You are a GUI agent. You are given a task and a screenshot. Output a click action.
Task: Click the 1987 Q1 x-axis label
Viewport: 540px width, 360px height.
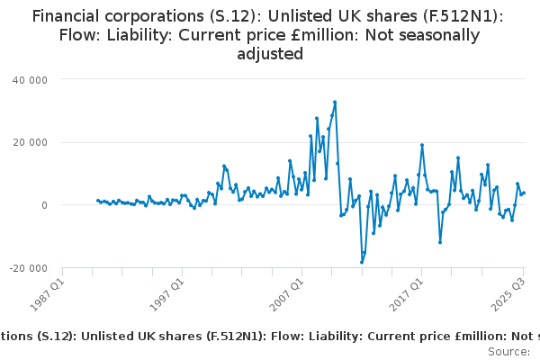tap(46, 291)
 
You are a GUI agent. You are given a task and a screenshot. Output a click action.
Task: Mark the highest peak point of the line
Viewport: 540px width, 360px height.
tap(335, 102)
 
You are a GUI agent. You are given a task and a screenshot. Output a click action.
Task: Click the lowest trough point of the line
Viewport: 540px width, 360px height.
tap(362, 263)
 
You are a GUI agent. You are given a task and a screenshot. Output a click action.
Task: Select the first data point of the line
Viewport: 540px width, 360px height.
tap(98, 201)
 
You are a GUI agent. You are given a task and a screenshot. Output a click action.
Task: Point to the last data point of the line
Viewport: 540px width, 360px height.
tap(524, 193)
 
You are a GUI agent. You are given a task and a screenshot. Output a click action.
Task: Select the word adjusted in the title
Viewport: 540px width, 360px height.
tap(270, 55)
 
